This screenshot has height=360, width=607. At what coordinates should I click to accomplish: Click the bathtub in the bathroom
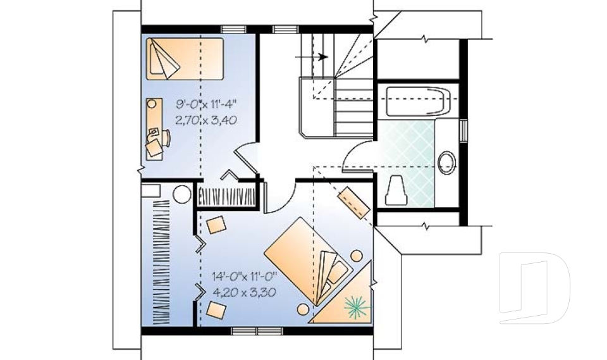coord(419,101)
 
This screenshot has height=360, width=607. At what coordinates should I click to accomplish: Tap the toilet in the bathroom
coord(396,190)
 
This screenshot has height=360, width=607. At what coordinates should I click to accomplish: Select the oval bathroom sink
coord(447,163)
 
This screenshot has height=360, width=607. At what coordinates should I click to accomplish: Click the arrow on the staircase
coord(312,57)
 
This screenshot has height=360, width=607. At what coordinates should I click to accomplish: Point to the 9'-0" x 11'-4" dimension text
coord(206,104)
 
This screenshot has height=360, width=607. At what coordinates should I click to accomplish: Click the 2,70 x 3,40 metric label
coord(206,120)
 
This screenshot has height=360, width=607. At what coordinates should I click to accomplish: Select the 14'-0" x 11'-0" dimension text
coord(245,276)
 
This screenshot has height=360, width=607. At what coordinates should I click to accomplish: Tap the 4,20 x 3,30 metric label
coord(245,292)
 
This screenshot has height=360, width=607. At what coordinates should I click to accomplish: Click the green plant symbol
coord(357,307)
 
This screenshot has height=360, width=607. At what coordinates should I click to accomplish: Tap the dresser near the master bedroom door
coord(354,202)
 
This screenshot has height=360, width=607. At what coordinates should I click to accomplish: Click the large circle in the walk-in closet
coord(182,194)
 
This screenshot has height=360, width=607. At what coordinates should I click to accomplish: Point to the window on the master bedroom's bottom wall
coord(257,331)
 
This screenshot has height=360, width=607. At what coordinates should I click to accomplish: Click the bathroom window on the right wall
coord(463,131)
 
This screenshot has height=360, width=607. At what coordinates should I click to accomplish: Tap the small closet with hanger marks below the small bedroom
coord(226,197)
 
